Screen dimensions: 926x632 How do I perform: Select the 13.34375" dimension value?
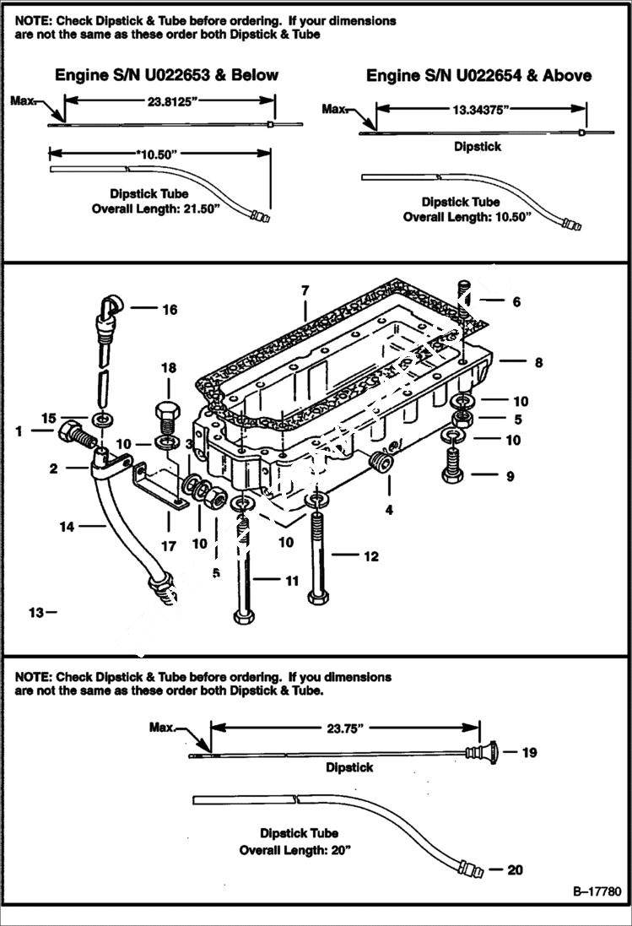pyautogui.click(x=480, y=109)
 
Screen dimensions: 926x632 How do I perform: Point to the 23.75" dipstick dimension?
pyautogui.click(x=344, y=727)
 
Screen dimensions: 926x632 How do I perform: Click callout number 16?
pyautogui.click(x=170, y=310)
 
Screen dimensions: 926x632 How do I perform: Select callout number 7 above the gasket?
pyautogui.click(x=305, y=290)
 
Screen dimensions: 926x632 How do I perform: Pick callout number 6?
pyautogui.click(x=516, y=301)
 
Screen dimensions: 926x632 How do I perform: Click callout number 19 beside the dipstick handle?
pyautogui.click(x=529, y=752)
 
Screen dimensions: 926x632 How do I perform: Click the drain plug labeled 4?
pyautogui.click(x=382, y=463)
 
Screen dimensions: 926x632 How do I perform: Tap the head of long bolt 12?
pyautogui.click(x=318, y=598)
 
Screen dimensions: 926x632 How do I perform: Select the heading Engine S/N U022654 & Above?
pyautogui.click(x=478, y=75)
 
